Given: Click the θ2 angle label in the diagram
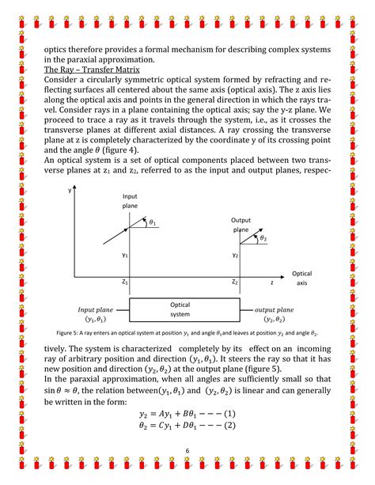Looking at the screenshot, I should pos(263,239).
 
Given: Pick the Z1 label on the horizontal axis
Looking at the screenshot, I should pos(125,282).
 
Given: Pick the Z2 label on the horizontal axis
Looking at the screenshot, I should pos(235,282).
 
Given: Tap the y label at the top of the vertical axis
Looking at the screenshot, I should pos(70,191).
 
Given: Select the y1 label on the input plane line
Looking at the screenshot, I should pos(124,256).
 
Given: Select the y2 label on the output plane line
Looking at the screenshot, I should pos(235,256).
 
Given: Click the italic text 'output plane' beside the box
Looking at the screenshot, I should pos(273,310).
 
